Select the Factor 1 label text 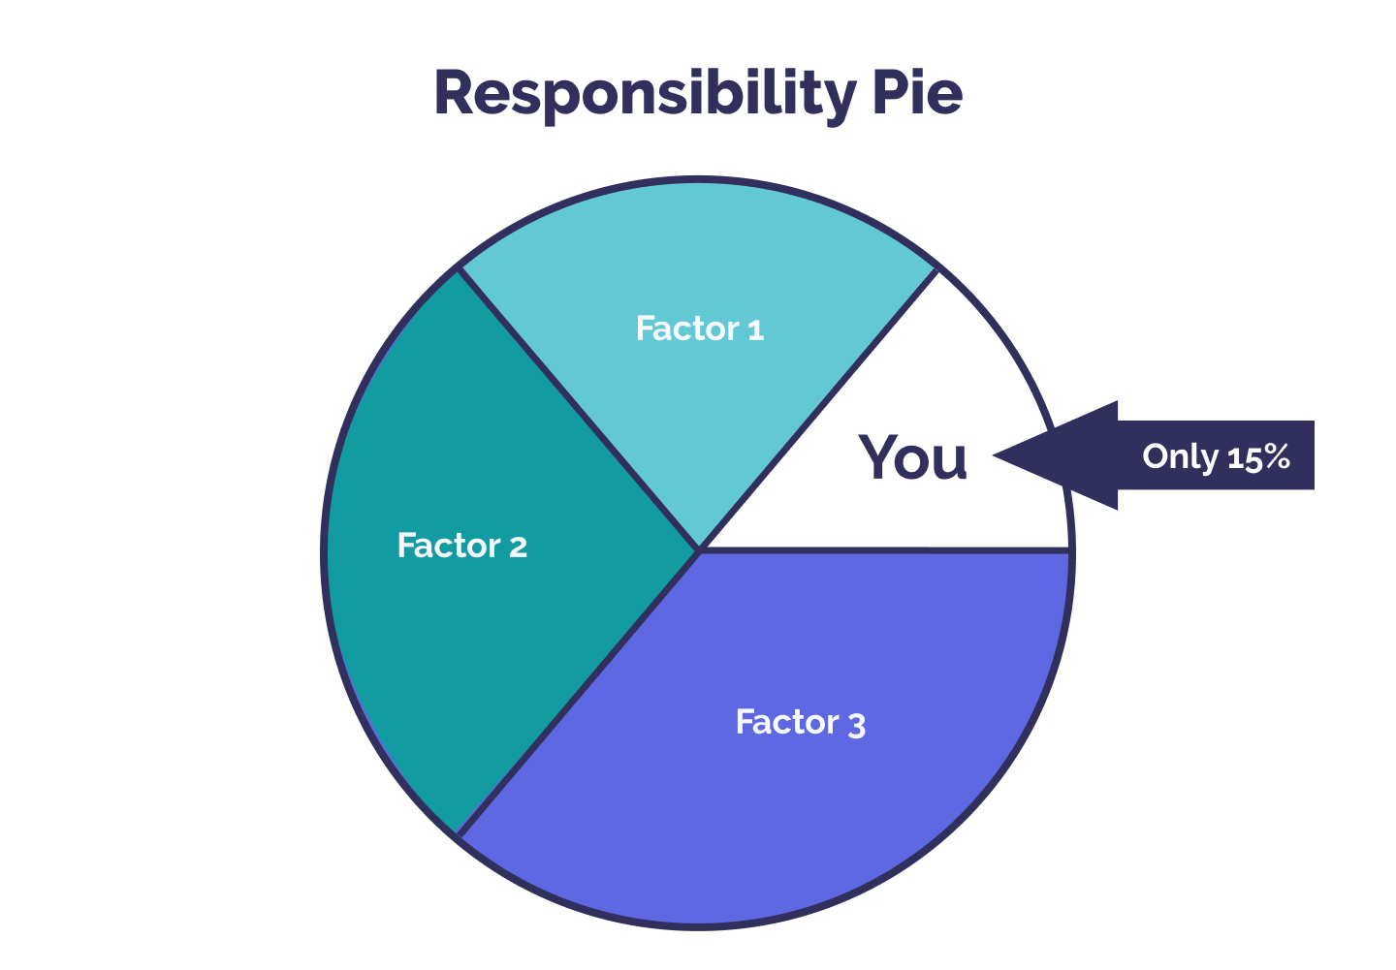(x=700, y=329)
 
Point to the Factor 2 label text (x=462, y=547)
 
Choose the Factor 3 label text (x=800, y=723)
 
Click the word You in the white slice (x=913, y=457)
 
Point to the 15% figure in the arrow (x=1258, y=456)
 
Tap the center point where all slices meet (x=699, y=549)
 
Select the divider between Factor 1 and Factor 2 (x=580, y=409)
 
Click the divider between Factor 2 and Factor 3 (x=580, y=692)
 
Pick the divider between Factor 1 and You (x=818, y=409)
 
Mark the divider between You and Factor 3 (x=884, y=549)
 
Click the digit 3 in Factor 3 (x=856, y=725)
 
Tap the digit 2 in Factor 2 (x=519, y=548)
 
